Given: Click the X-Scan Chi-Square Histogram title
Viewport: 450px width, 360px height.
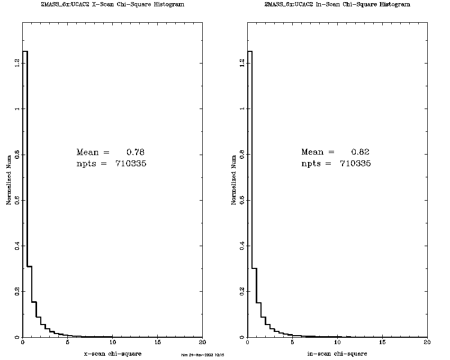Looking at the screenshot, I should coord(112,4).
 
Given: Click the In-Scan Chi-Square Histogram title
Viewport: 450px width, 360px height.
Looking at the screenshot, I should coord(337,4).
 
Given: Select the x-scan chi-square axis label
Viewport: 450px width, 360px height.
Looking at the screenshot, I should coord(112,353).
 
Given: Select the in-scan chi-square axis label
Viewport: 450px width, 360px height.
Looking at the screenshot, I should coord(337,353).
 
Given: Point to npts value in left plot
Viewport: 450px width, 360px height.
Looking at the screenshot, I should coord(131,164).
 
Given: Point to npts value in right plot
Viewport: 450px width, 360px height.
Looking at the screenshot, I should coord(356,164).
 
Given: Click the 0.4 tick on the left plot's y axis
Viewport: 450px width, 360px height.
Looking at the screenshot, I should coord(17,246).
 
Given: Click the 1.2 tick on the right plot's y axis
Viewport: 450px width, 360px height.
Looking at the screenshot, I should coord(242,63).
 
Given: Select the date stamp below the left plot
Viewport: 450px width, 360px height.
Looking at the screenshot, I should coord(203,355).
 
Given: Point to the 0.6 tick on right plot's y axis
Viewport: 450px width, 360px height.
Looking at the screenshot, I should coord(242,200).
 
